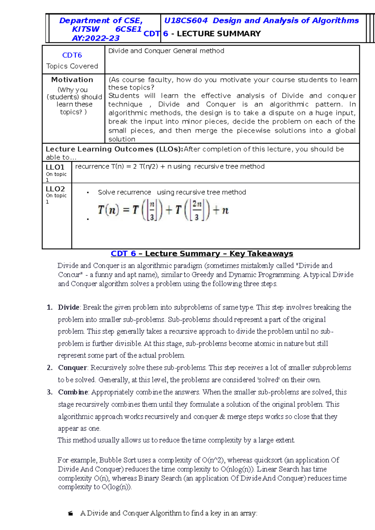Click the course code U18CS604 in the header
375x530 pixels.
[x=186, y=21]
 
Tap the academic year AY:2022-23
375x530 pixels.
[x=96, y=38]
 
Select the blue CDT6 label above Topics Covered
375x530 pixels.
[x=72, y=55]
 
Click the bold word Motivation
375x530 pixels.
[x=72, y=80]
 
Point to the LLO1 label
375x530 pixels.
[x=55, y=167]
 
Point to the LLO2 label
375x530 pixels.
[x=55, y=189]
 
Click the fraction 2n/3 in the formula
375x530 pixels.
[x=197, y=210]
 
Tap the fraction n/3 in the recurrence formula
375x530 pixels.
[x=152, y=210]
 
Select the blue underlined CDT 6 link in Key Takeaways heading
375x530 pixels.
[x=123, y=253]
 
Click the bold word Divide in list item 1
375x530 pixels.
[x=68, y=307]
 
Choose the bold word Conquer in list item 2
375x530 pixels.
[x=72, y=368]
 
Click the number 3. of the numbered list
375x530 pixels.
[x=50, y=392]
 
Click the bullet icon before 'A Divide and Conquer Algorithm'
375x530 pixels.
[x=71, y=513]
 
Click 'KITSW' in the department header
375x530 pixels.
[x=86, y=29]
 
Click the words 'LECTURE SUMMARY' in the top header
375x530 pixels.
[x=219, y=34]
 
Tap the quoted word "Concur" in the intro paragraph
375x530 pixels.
[x=69, y=275]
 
